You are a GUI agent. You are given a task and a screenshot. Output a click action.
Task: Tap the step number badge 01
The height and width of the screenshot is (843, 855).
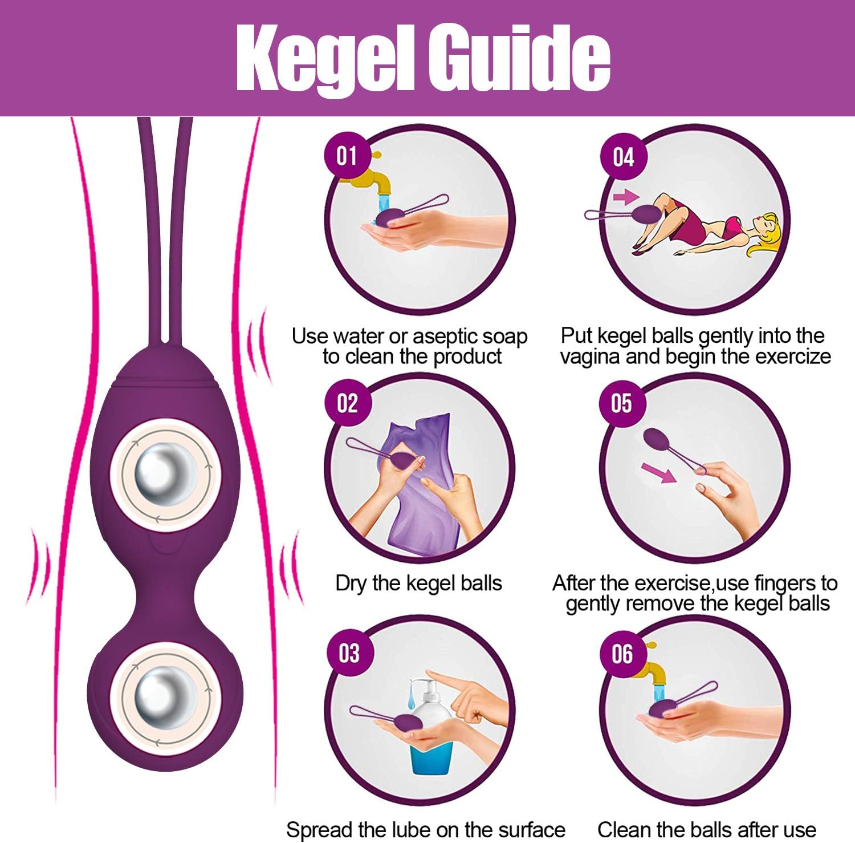347,155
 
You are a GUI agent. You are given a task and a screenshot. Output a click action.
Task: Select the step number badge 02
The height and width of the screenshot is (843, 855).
347,403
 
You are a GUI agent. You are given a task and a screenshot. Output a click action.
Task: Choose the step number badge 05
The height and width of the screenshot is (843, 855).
621,403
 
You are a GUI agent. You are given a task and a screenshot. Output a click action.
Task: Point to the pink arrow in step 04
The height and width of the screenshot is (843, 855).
626,197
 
